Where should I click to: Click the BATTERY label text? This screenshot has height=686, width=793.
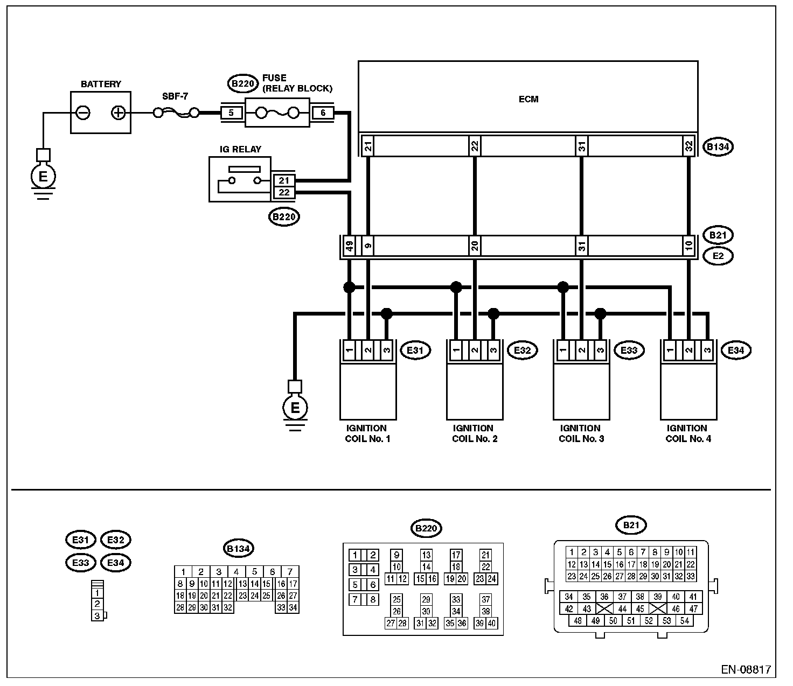101,84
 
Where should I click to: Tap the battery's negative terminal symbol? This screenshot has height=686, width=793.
84,113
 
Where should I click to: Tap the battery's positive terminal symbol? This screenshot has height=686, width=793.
118,113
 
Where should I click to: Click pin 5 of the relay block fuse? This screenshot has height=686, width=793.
231,113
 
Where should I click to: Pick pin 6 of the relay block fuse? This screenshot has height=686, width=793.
323,113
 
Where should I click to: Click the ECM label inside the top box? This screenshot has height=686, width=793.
528,99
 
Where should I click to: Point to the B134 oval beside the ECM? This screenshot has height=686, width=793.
719,146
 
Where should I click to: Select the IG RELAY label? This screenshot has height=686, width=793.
240,149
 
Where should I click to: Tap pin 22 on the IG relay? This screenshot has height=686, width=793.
284,192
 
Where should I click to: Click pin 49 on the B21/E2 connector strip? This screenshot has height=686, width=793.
349,247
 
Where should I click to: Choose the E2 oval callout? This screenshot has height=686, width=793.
718,256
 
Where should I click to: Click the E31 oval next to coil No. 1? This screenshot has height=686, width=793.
416,351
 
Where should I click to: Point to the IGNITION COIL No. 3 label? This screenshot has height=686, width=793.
581,433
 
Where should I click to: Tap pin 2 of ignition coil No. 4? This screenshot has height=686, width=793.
688,351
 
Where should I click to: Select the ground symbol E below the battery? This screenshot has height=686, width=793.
43,176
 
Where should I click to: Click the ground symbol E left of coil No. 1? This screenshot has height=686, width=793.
295,408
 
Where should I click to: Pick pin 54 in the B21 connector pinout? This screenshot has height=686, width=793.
684,621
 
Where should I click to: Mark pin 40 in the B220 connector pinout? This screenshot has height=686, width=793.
491,623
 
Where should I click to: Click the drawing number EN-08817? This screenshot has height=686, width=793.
746,670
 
